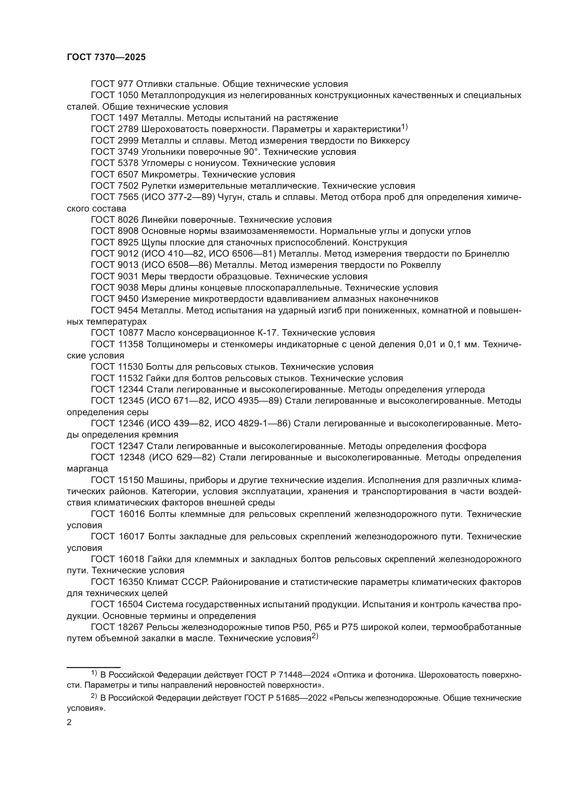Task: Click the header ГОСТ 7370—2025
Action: tap(106, 57)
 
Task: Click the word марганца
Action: tap(87, 469)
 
